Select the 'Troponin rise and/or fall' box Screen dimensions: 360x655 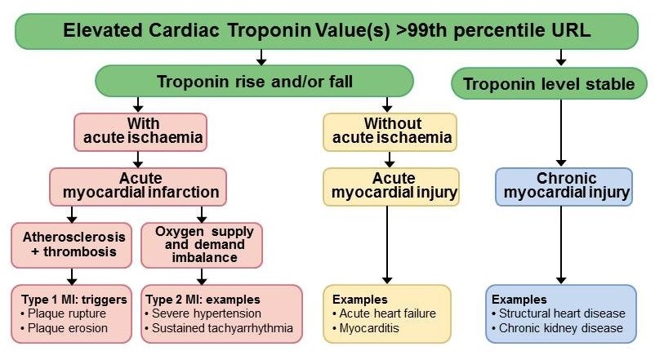[254, 82]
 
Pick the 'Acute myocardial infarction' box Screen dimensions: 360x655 [136, 185]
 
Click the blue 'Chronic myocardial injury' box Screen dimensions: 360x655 [564, 185]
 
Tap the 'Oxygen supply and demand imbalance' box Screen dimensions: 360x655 [202, 244]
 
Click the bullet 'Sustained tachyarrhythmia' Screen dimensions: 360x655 [217, 329]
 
